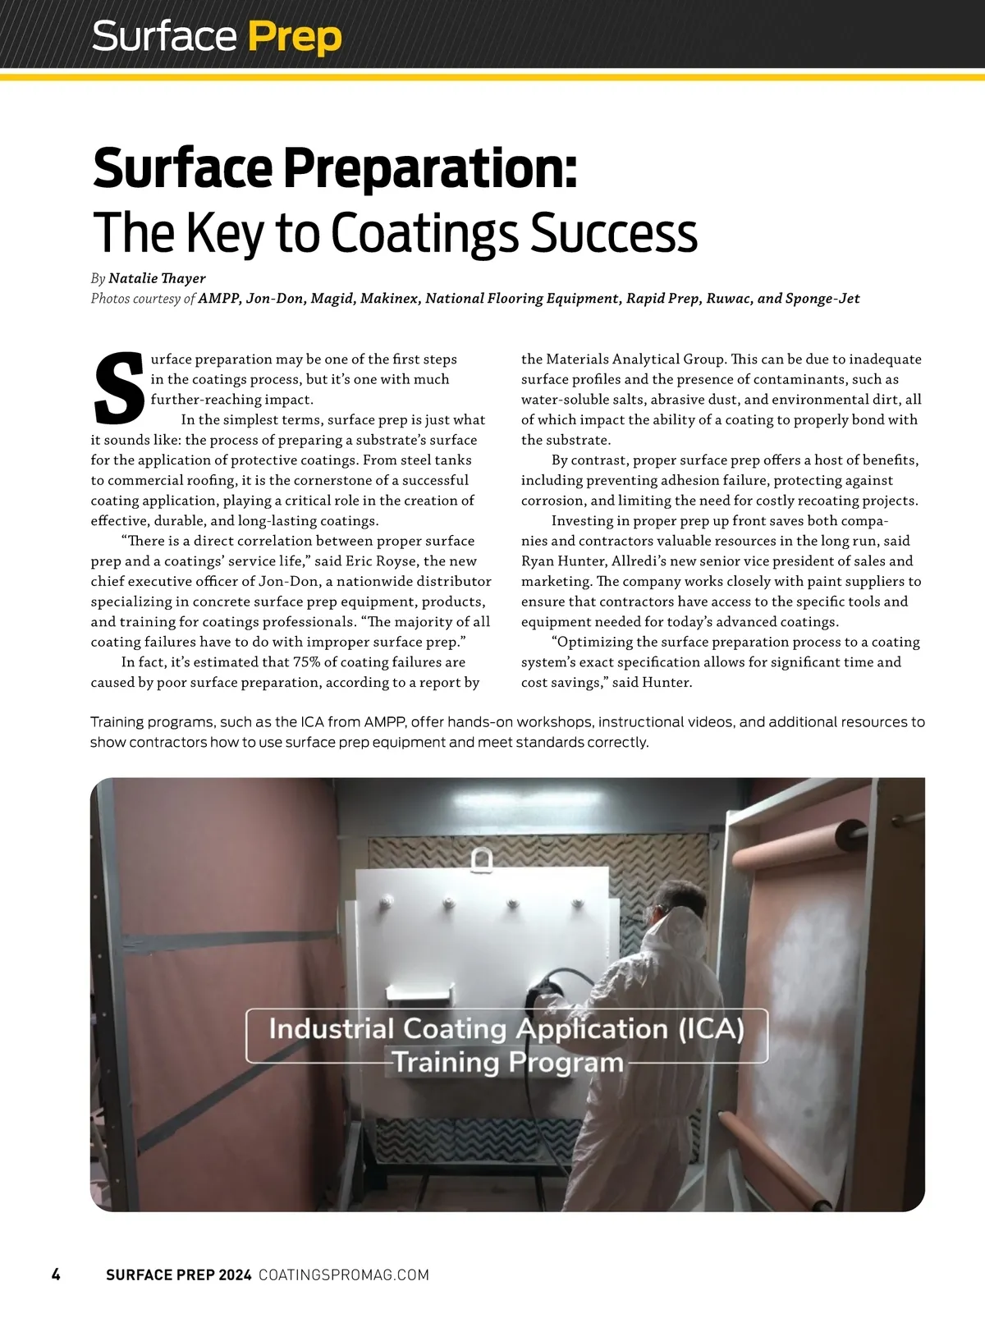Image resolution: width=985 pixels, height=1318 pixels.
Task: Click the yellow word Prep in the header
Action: click(x=294, y=38)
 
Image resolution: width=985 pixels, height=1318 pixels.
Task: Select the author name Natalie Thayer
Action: click(x=157, y=278)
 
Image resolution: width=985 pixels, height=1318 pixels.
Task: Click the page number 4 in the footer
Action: click(x=56, y=1275)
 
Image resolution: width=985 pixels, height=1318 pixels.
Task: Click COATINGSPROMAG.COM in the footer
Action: click(x=344, y=1275)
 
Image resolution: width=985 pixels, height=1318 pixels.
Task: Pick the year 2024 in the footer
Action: click(x=235, y=1275)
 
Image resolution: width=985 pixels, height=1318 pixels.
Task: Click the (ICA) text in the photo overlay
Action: click(x=711, y=1028)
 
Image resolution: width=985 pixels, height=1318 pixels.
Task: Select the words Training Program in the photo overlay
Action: click(x=507, y=1062)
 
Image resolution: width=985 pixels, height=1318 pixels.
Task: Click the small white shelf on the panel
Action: click(x=419, y=991)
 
